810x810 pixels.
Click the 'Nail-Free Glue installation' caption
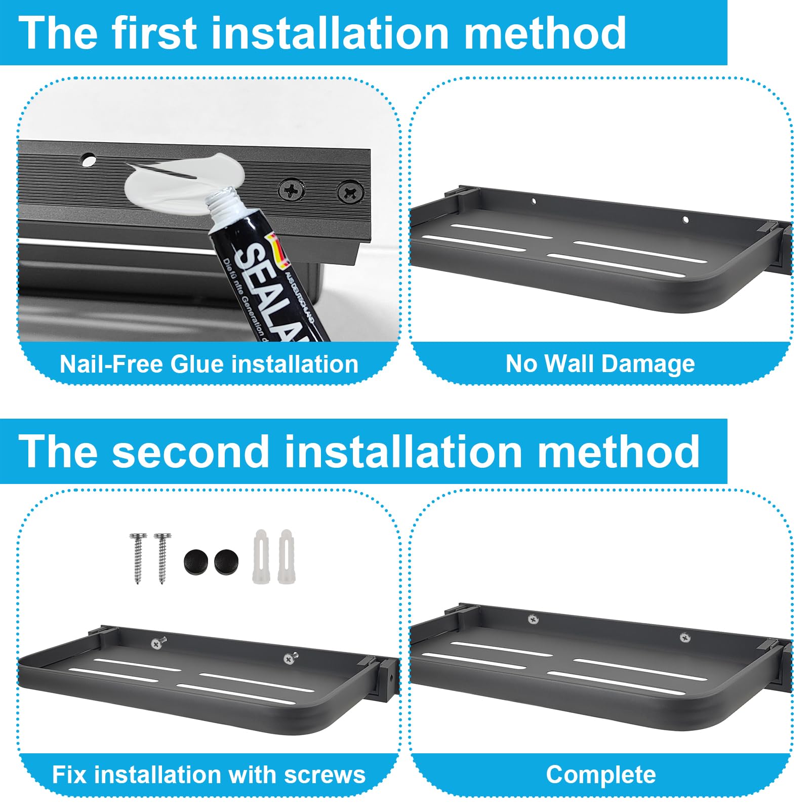click(x=209, y=364)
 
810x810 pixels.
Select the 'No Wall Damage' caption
click(x=600, y=363)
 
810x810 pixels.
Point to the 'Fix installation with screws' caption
click(x=209, y=775)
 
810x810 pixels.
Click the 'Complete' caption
click(x=600, y=775)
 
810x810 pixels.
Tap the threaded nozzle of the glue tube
click(x=223, y=200)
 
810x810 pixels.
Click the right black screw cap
click(x=226, y=561)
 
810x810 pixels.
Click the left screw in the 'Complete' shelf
click(x=533, y=619)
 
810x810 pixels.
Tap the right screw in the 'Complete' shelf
click(x=684, y=638)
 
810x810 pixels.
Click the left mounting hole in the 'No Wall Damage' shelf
click(x=533, y=201)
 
